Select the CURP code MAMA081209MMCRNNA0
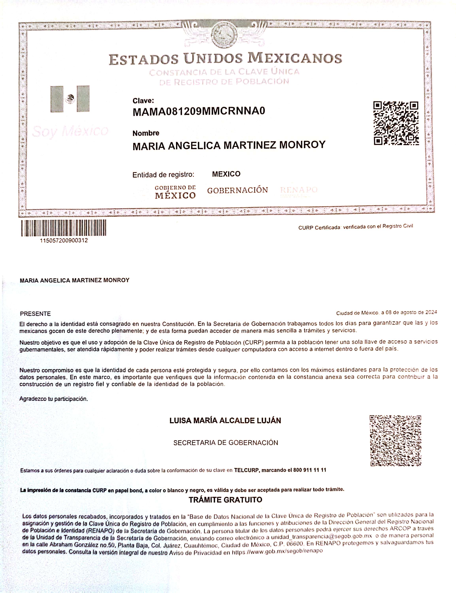tap(199, 111)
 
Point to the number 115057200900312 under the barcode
tap(64, 241)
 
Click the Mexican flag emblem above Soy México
tap(70, 99)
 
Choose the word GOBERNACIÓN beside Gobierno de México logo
tap(237, 190)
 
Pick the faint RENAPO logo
tap(299, 190)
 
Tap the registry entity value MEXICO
tap(226, 174)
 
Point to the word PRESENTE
tap(35, 314)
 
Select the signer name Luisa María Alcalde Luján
tap(225, 421)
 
